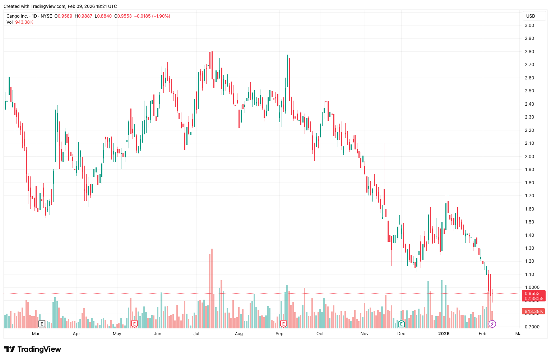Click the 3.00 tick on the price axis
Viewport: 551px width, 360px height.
point(529,26)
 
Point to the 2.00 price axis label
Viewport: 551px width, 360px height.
point(529,157)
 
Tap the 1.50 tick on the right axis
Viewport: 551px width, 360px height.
point(529,222)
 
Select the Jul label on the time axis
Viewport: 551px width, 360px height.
point(196,334)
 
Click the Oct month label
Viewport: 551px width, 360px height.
point(320,334)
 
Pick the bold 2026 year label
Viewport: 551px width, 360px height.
point(444,334)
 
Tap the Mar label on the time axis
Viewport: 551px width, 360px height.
point(36,334)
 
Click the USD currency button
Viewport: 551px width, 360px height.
point(531,16)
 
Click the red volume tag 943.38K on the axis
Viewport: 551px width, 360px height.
point(533,311)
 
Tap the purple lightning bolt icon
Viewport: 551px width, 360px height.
point(492,324)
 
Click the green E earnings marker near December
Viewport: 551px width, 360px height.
point(401,324)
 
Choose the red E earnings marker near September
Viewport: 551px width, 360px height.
point(283,324)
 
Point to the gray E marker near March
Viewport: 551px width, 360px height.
point(42,324)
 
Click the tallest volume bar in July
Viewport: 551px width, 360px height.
point(212,287)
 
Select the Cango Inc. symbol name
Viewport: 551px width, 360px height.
point(17,16)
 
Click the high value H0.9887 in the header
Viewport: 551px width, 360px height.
point(83,16)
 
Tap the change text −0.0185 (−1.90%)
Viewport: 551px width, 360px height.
point(152,16)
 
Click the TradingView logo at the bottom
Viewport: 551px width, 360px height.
point(33,349)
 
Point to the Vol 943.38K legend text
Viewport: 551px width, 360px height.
point(20,22)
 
